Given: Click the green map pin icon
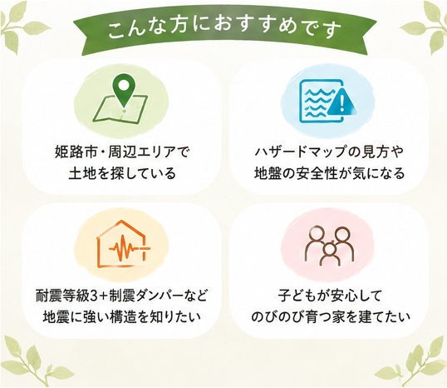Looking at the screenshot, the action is click(x=124, y=90).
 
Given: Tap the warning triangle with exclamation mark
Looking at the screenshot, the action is click(x=341, y=102).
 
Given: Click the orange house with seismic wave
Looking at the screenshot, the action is click(x=123, y=244).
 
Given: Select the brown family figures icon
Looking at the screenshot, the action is click(x=330, y=246).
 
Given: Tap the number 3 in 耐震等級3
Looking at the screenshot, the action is click(x=94, y=296).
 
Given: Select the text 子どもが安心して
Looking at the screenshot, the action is click(x=330, y=296).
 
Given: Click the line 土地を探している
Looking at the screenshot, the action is click(x=122, y=173).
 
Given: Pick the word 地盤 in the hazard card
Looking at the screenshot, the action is click(x=268, y=173).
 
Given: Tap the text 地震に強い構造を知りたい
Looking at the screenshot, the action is click(x=122, y=317).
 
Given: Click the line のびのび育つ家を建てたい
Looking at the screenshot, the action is click(x=331, y=317).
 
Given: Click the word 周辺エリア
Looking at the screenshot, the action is click(x=141, y=152).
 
